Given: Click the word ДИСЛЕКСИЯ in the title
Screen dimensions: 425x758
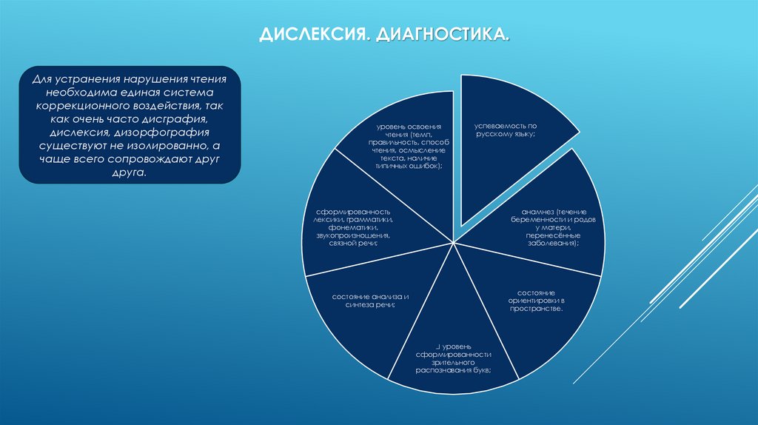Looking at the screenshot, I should pyautogui.click(x=312, y=35).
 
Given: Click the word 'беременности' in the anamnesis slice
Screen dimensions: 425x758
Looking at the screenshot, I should pyautogui.click(x=539, y=221).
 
